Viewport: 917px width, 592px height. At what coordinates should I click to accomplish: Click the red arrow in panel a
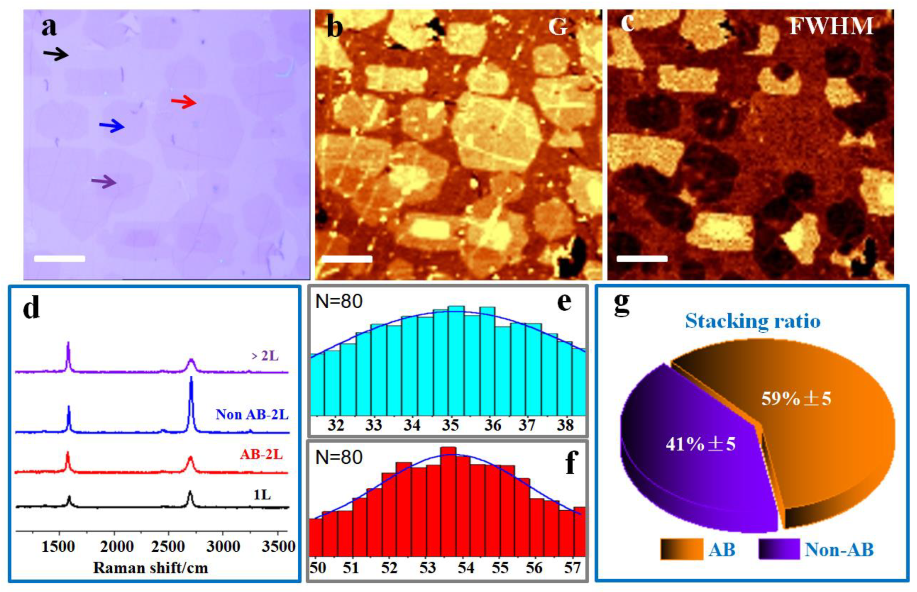point(184,102)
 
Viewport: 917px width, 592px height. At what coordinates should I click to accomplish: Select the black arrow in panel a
point(56,55)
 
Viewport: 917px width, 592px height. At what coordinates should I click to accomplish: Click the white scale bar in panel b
point(346,259)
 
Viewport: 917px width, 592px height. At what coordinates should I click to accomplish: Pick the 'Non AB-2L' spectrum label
point(252,414)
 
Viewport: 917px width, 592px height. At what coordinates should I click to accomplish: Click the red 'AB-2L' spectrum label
point(261,454)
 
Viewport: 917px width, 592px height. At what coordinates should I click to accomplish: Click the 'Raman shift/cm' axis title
point(150,568)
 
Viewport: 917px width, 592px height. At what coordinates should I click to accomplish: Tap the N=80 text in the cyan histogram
point(339,301)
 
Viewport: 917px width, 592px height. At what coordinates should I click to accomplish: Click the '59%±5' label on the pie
point(796,399)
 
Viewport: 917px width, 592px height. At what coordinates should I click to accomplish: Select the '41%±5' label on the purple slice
point(700,444)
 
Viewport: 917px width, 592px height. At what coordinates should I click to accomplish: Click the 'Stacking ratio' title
point(753,321)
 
